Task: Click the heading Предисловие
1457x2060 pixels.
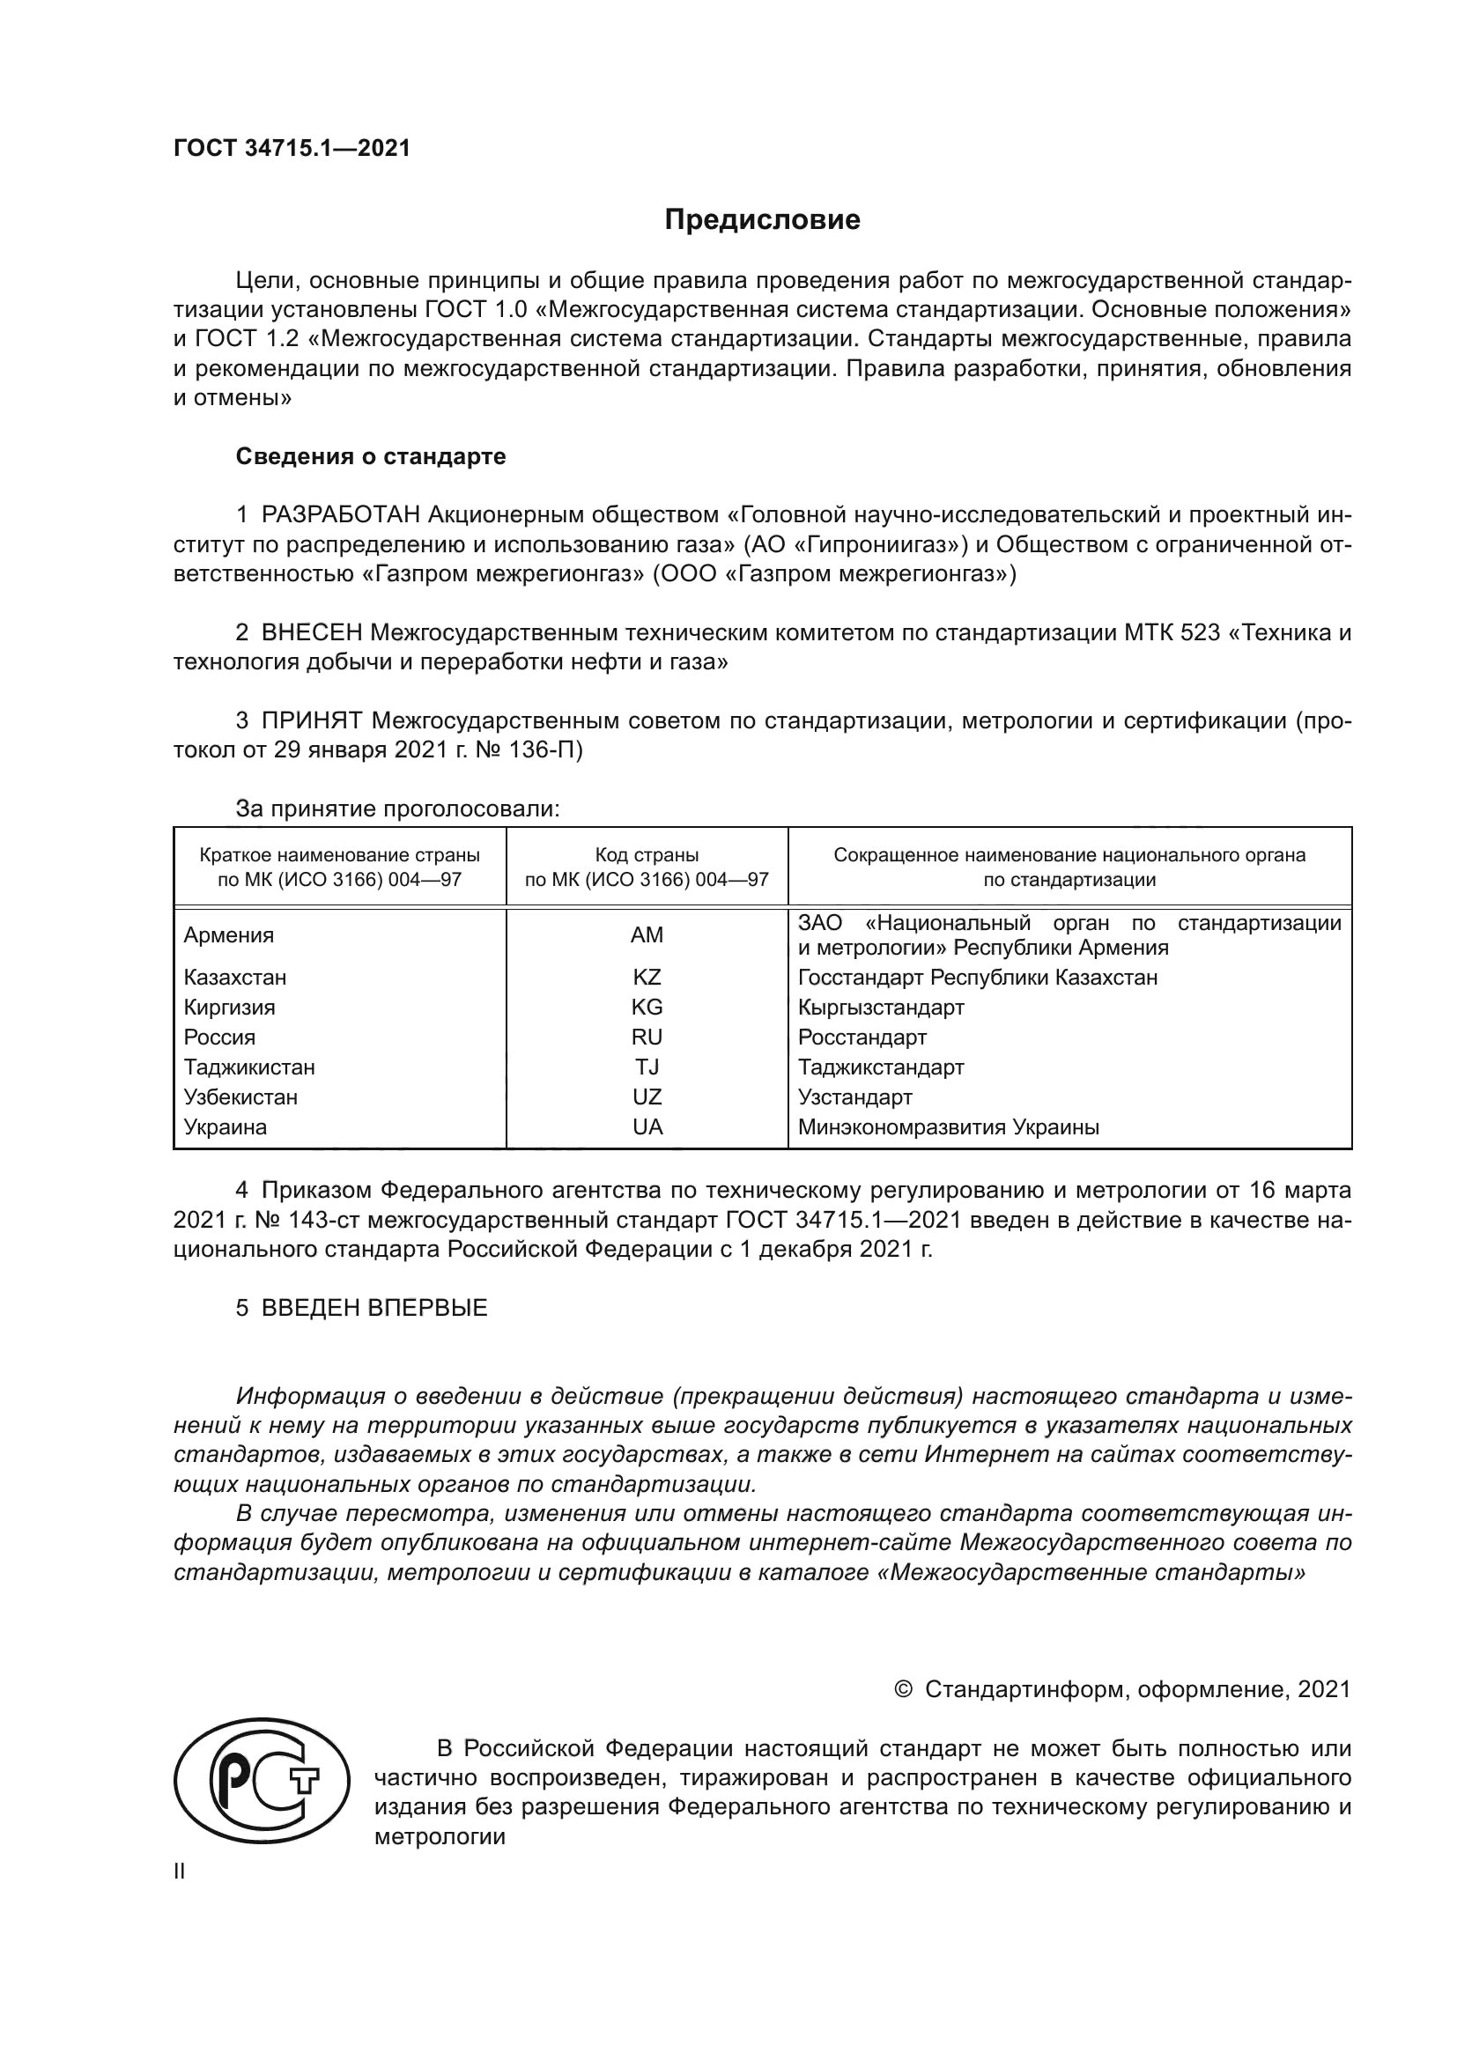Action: click(762, 220)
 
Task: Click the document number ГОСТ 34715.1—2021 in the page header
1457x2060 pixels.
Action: click(292, 149)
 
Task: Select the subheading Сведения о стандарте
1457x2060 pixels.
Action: click(371, 457)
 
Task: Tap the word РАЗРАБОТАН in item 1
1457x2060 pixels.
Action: click(340, 515)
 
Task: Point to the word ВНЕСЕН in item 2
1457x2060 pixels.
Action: click(311, 633)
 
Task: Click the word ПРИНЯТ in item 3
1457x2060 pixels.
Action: click(311, 720)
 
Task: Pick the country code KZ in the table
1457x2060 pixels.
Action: click(646, 977)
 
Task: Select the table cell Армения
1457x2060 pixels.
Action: click(229, 935)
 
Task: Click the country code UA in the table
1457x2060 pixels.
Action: click(646, 1127)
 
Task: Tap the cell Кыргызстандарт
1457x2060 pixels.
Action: click(881, 1008)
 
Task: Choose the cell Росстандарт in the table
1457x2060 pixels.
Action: click(862, 1037)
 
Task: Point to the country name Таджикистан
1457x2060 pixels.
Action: click(249, 1067)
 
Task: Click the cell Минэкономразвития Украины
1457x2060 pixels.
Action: click(949, 1127)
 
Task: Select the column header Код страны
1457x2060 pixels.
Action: click(646, 855)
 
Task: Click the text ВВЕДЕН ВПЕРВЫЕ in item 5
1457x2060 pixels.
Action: click(374, 1308)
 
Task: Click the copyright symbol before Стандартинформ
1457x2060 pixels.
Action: click(904, 1689)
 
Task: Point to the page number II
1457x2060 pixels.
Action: click(180, 1872)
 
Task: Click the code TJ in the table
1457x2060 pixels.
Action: click(646, 1067)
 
